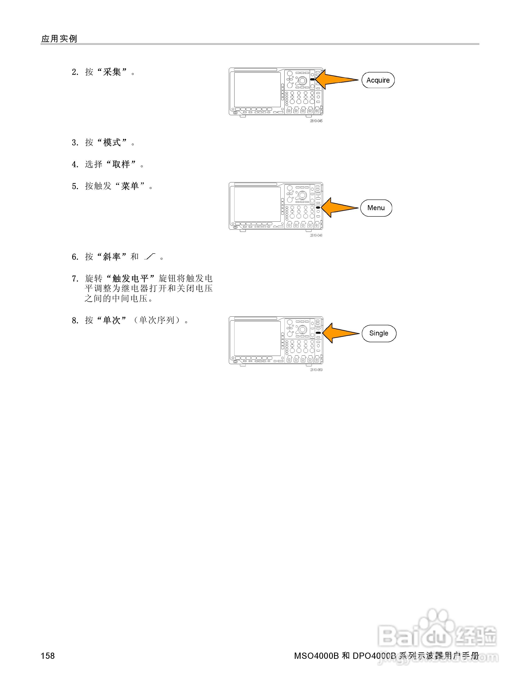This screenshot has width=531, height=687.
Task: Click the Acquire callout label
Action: tap(378, 80)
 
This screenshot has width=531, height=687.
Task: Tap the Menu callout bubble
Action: tap(376, 208)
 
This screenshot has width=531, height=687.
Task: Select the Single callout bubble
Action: tap(379, 334)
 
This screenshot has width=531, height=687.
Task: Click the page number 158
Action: tap(48, 656)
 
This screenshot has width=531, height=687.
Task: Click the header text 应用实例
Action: tap(59, 39)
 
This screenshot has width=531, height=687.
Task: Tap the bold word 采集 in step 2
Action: tap(112, 72)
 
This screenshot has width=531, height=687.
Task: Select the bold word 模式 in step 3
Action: tap(112, 142)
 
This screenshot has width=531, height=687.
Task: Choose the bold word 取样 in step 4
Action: tap(121, 164)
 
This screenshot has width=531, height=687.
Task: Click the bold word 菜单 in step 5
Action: tap(130, 186)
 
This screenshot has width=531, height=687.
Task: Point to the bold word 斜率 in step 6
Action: tap(112, 257)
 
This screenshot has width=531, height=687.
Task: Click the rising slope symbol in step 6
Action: tap(150, 257)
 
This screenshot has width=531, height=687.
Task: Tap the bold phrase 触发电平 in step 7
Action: tap(130, 278)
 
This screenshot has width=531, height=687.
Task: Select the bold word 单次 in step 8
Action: tap(112, 320)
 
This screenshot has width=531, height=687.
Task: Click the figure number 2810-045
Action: tap(316, 121)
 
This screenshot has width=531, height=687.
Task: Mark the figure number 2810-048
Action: tap(316, 235)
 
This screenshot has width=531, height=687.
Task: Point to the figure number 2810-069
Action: tap(316, 370)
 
